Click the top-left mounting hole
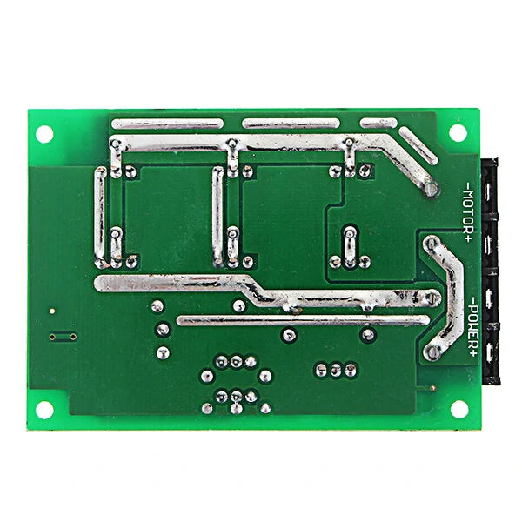[x=44, y=134]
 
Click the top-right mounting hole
[x=458, y=132]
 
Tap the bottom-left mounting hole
[x=44, y=410]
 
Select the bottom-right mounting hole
[x=459, y=409]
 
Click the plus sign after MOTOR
[x=468, y=238]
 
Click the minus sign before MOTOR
[x=468, y=185]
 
